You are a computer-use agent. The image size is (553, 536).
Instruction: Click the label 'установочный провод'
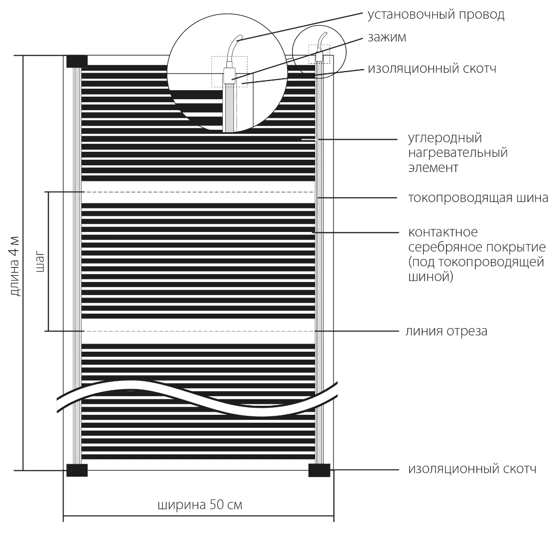click(436, 15)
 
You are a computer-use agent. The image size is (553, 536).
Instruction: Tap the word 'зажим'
click(387, 38)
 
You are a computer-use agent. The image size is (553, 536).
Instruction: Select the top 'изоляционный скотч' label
click(432, 69)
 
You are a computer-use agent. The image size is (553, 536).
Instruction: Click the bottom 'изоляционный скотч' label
click(472, 469)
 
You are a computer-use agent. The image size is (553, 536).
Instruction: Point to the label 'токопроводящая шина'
click(478, 198)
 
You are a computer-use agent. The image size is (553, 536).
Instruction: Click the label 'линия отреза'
click(446, 331)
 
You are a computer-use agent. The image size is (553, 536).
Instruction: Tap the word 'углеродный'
click(445, 138)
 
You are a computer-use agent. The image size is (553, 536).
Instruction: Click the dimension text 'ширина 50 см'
click(200, 504)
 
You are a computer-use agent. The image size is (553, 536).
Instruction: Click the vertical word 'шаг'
click(41, 261)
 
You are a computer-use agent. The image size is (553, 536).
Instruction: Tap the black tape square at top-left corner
click(77, 61)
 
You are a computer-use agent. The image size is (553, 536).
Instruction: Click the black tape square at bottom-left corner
click(77, 470)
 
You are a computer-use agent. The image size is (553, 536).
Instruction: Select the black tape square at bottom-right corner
click(320, 470)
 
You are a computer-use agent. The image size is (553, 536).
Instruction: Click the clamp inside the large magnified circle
click(229, 76)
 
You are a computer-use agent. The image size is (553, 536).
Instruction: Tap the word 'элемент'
click(433, 167)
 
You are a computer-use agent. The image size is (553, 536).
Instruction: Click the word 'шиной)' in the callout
click(431, 277)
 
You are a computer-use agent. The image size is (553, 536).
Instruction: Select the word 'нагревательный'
click(458, 153)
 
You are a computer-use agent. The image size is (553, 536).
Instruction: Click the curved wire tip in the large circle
click(240, 36)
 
